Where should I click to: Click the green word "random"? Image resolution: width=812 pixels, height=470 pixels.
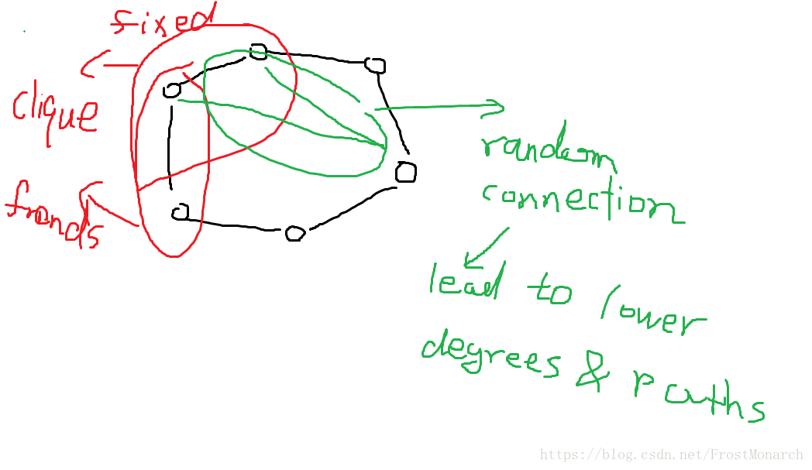(547, 151)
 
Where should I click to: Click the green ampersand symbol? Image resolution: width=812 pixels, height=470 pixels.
(593, 372)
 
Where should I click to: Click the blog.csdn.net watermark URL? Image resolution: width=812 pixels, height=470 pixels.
(671, 455)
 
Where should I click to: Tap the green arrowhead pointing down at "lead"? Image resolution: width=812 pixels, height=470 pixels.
(470, 259)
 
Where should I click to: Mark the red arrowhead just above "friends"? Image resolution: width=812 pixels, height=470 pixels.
(88, 191)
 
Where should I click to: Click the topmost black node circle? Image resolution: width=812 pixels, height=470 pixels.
(258, 52)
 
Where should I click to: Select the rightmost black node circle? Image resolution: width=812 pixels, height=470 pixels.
(405, 172)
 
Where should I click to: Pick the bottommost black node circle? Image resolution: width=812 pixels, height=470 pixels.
(294, 233)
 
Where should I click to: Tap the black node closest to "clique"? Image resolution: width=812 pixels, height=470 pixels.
(172, 91)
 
